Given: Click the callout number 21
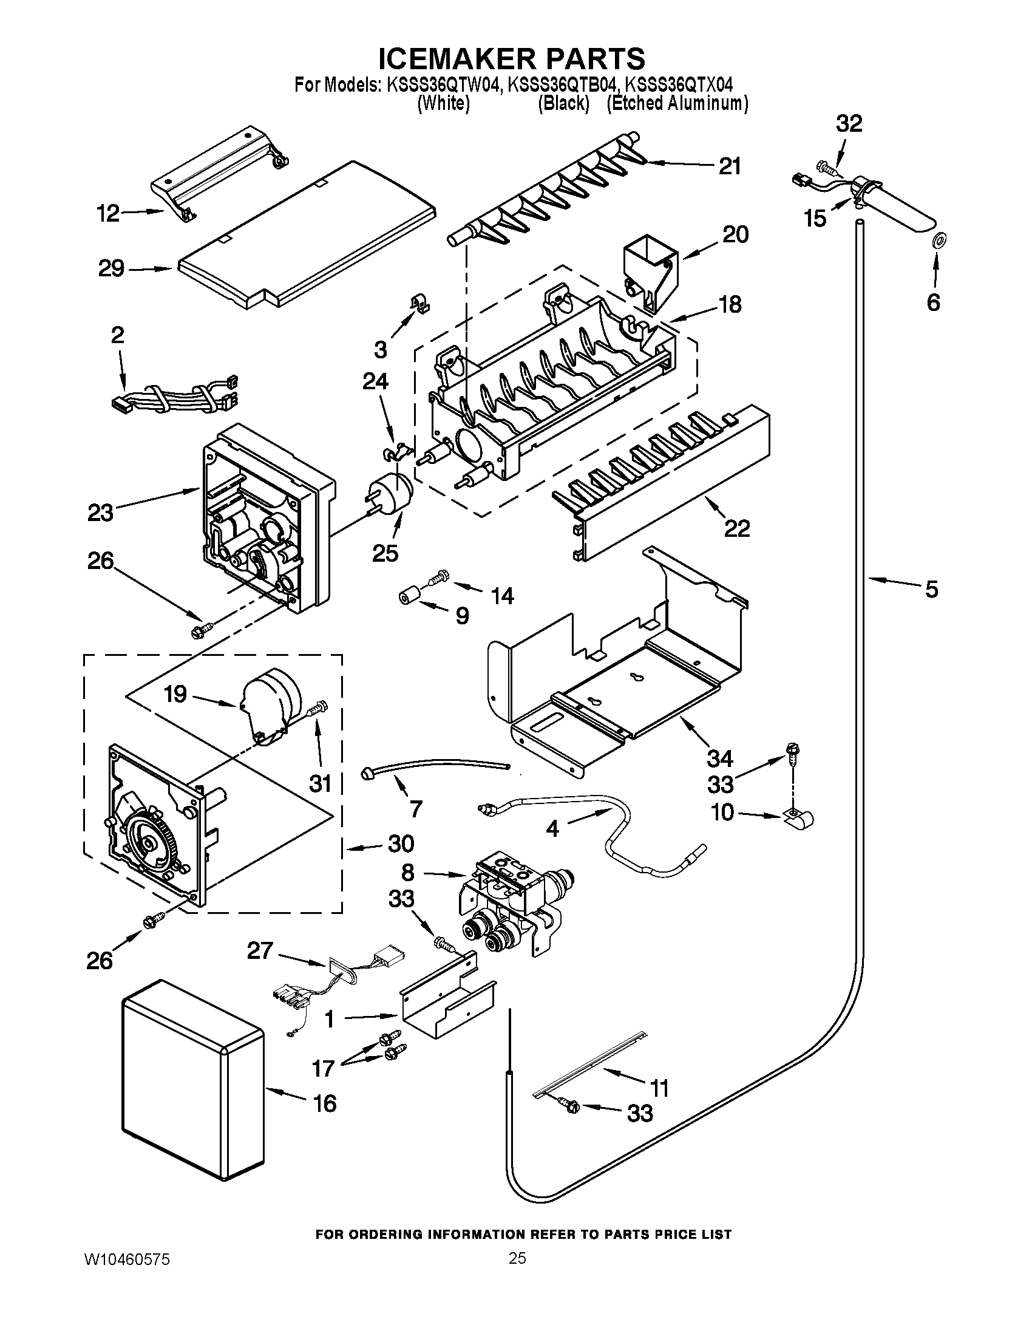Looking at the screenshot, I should coord(729,166).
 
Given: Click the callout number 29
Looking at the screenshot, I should coord(111,268).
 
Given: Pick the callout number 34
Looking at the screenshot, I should coord(720,758).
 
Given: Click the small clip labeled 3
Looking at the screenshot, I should coord(419,303).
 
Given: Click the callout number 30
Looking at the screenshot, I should coord(401,844).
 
